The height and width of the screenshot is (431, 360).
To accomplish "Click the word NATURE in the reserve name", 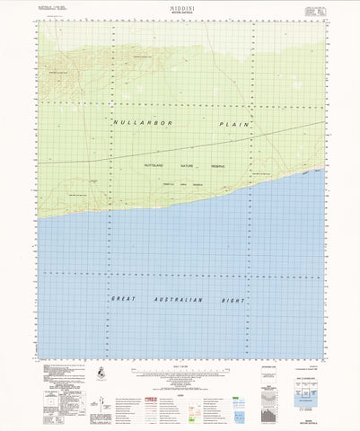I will [x=189, y=165].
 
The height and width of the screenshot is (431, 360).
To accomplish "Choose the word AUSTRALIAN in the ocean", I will [x=176, y=299].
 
